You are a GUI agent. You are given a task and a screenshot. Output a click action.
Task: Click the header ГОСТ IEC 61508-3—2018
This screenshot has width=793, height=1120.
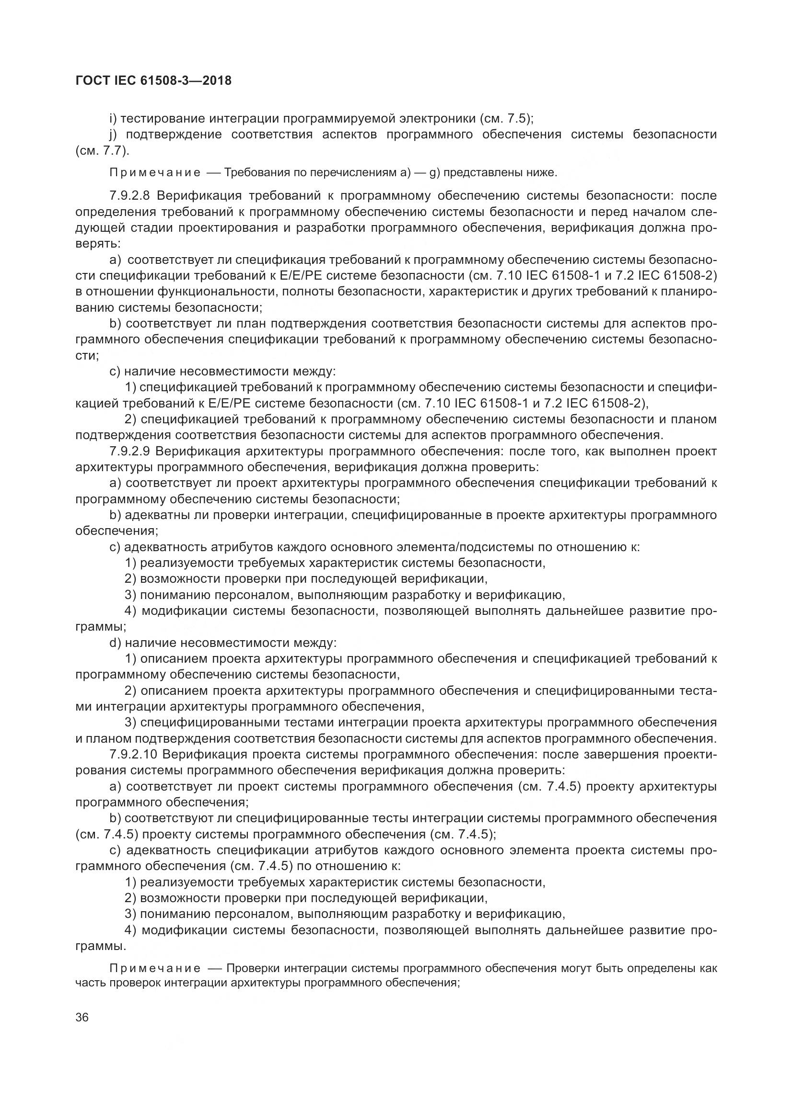point(153,80)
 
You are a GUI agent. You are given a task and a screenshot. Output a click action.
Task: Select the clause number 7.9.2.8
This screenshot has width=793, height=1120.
point(130,196)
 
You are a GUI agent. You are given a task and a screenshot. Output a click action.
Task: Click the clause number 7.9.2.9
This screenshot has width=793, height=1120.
point(130,451)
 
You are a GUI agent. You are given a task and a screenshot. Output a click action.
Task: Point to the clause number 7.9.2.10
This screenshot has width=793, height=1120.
point(133,755)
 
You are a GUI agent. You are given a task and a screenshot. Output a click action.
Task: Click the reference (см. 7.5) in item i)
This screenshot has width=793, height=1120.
point(506,119)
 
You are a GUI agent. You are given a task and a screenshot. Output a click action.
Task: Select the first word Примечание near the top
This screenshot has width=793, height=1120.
point(154,173)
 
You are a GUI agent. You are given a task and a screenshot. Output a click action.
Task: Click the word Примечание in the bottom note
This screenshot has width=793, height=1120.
point(154,968)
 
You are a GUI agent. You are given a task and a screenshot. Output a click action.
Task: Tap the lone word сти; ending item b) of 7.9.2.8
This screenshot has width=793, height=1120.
point(87,356)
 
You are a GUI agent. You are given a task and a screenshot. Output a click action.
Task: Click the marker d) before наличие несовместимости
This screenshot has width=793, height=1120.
point(115,643)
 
